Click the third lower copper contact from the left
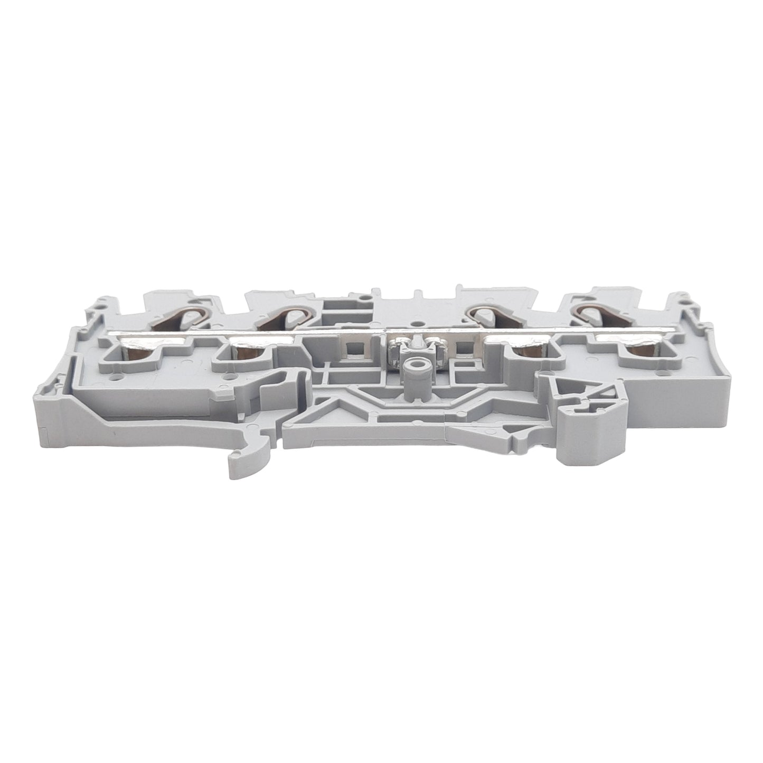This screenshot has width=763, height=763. click(525, 352)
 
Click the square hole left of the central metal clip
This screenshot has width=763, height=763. click(349, 348)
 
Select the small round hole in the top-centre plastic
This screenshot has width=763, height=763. click(418, 319)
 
